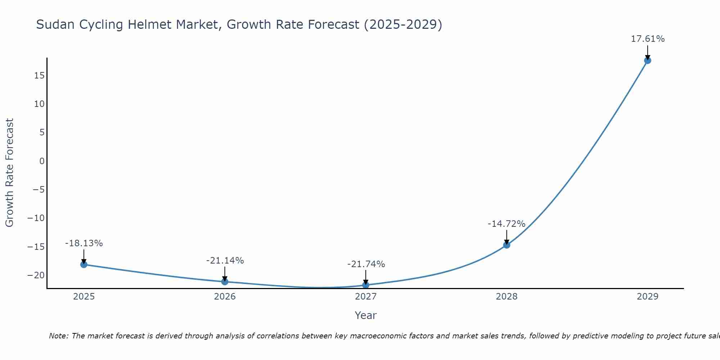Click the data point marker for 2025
pos(84,265)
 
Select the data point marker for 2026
pos(225,282)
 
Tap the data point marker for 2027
pos(366,285)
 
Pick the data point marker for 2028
pos(507,245)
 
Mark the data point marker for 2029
pos(648,60)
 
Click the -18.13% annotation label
pos(84,243)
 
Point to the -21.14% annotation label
pos(225,261)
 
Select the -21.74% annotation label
pos(366,264)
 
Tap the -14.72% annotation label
pos(507,224)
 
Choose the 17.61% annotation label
pos(648,39)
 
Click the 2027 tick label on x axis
pos(366,297)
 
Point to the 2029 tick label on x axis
pos(648,297)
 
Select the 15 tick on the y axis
pos(40,76)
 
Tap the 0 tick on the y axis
pos(42,161)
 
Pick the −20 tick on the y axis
pos(36,275)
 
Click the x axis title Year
pos(366,315)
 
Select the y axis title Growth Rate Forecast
pos(10,173)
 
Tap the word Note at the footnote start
pos(58,336)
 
